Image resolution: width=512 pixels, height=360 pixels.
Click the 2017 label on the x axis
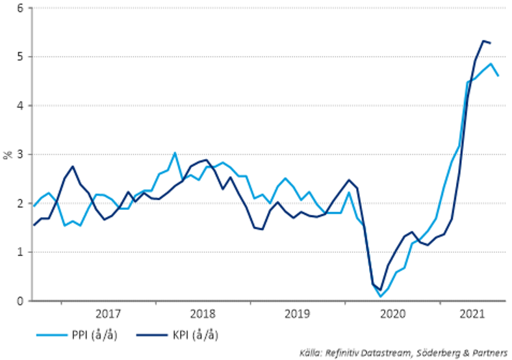[109, 315]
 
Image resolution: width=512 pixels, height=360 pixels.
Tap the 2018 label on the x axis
[203, 315]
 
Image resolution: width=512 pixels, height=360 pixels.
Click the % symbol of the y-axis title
[7, 155]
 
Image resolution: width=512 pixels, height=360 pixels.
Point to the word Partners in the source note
[489, 353]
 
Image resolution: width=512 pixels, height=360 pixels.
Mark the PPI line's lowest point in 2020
[381, 296]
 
